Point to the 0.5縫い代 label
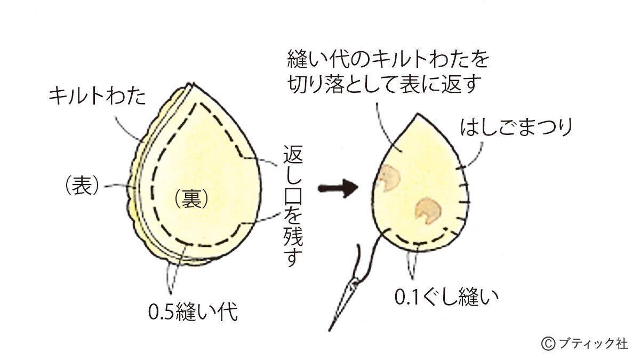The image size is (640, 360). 193,311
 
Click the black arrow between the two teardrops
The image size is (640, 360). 337,188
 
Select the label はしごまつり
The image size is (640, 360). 504,128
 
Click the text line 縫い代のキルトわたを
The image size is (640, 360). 388,60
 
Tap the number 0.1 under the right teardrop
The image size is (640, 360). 407,295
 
